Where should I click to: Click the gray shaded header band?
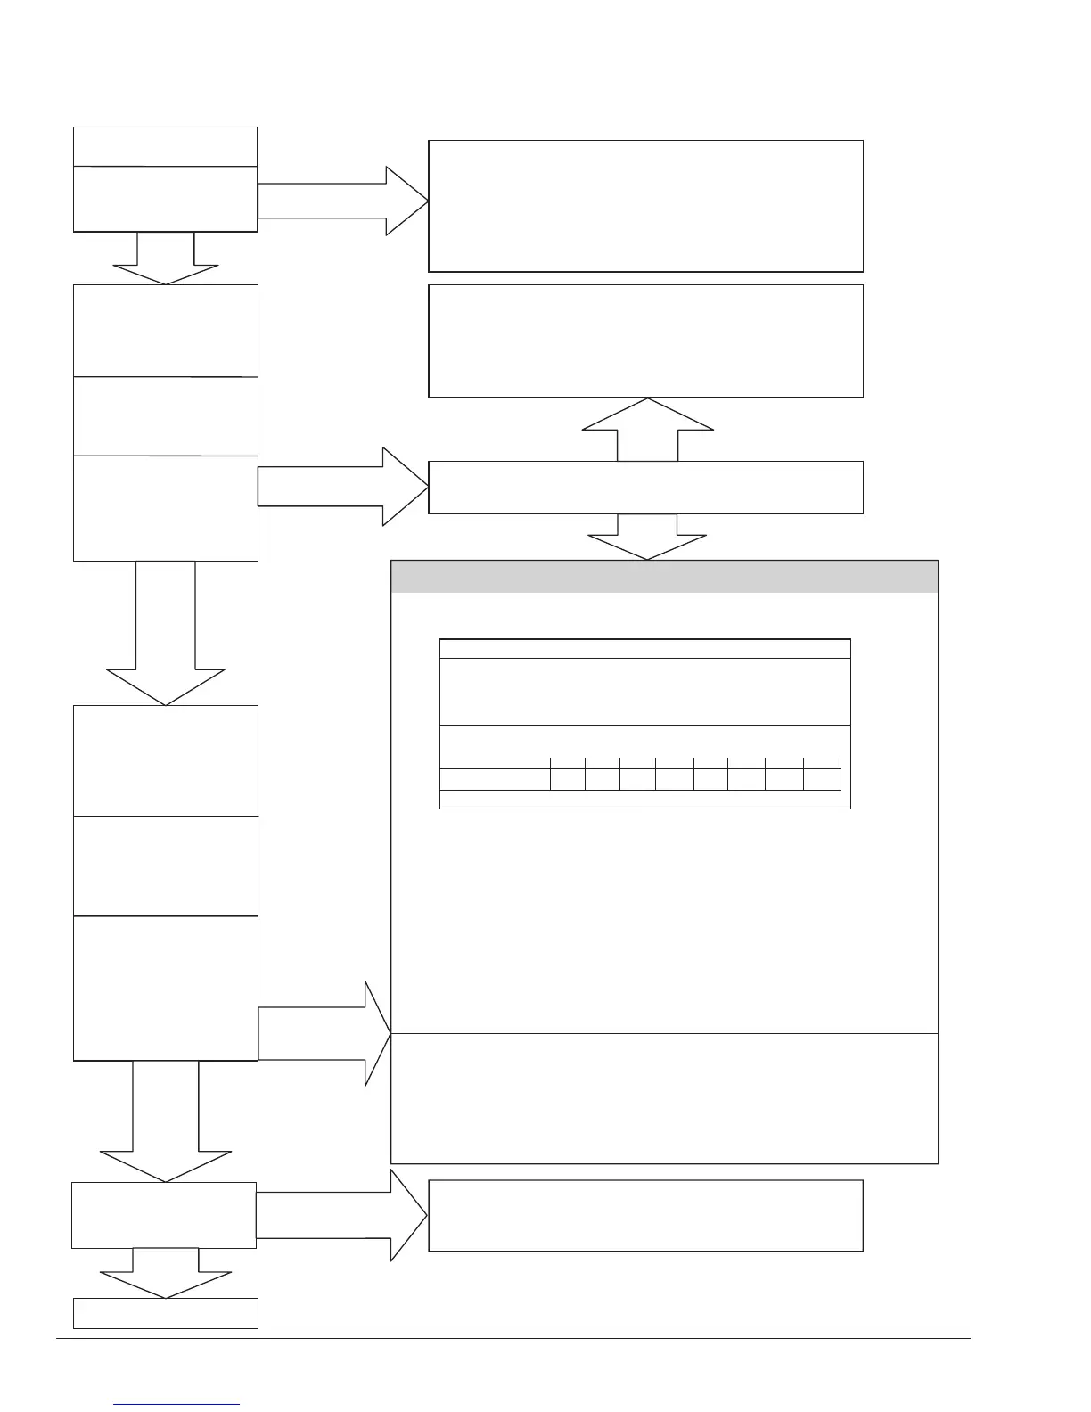(664, 576)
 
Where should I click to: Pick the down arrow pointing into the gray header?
(647, 536)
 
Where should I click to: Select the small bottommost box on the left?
(165, 1313)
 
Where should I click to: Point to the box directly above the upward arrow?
(645, 341)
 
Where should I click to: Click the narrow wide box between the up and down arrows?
(645, 488)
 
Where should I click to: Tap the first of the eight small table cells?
(567, 778)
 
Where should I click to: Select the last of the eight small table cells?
(822, 778)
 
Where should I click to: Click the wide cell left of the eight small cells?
(495, 778)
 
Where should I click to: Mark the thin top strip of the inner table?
(644, 648)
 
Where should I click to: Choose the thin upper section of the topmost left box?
(165, 146)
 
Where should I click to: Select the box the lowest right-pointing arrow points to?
(645, 1215)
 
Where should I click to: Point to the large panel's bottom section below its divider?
(664, 1098)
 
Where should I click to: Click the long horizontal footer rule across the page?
(513, 1338)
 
